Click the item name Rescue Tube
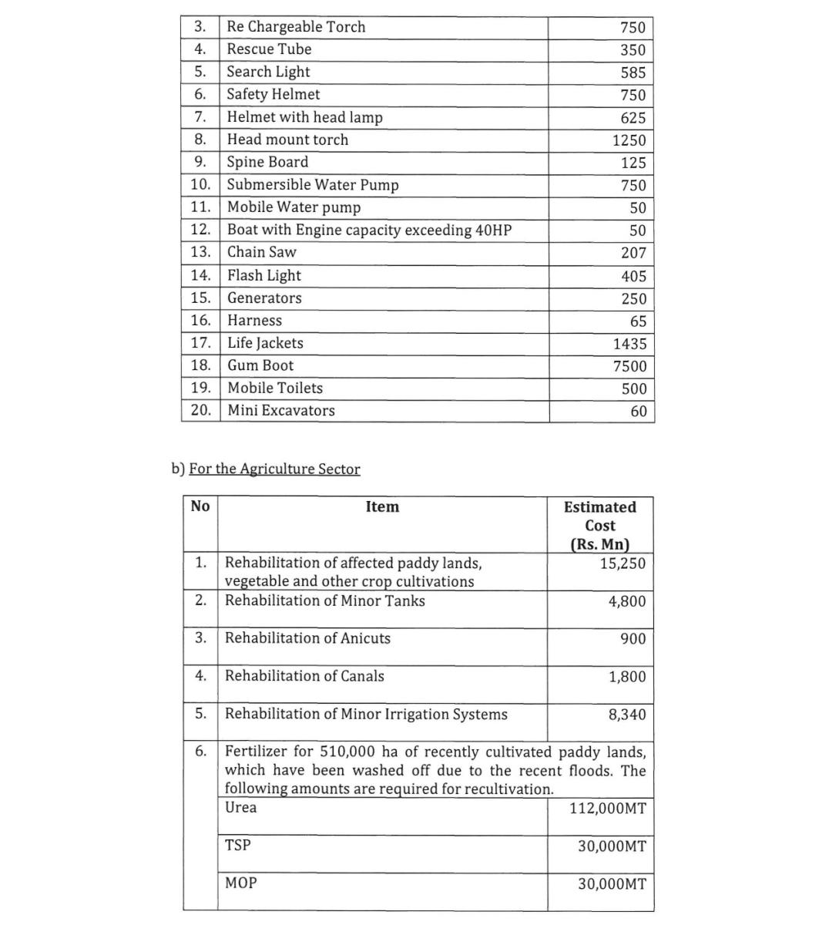pyautogui.click(x=269, y=49)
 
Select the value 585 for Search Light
pyautogui.click(x=633, y=73)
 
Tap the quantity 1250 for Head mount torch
pyautogui.click(x=629, y=141)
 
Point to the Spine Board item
pyautogui.click(x=267, y=162)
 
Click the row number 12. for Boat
pyautogui.click(x=200, y=230)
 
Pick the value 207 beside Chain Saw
pyautogui.click(x=633, y=253)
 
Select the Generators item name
pyautogui.click(x=264, y=298)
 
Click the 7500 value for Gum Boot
pyautogui.click(x=629, y=367)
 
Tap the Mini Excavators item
pyautogui.click(x=281, y=411)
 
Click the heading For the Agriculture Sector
pyautogui.click(x=274, y=469)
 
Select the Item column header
pyautogui.click(x=382, y=506)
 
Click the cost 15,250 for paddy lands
pyautogui.click(x=623, y=563)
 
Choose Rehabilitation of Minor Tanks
pyautogui.click(x=324, y=601)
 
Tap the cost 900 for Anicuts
pyautogui.click(x=633, y=639)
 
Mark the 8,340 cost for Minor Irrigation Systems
pyautogui.click(x=627, y=715)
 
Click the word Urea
pyautogui.click(x=240, y=808)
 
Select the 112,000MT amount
pyautogui.click(x=607, y=809)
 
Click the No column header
pyautogui.click(x=200, y=506)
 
